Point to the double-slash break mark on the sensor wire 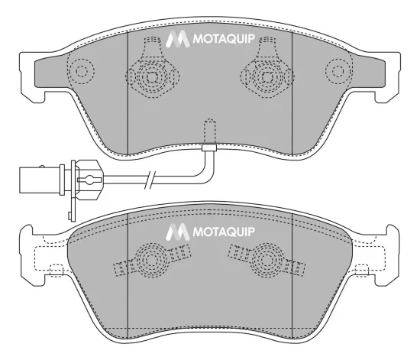coord(152,181)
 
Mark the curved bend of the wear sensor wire coord(205,173)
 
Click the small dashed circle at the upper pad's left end coord(79,72)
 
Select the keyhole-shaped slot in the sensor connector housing coord(90,181)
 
